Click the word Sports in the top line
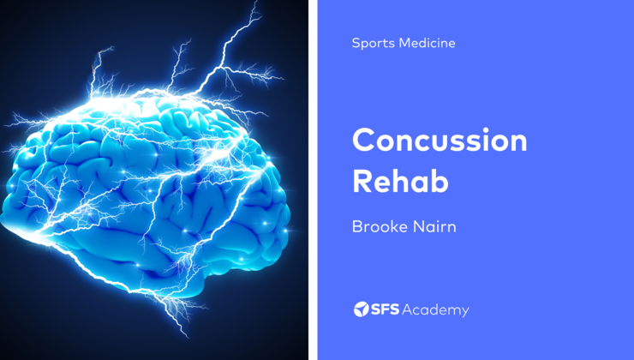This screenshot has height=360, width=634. click(x=370, y=43)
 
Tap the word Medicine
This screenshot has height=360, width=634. click(x=426, y=43)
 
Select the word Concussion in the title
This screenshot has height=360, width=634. click(x=440, y=140)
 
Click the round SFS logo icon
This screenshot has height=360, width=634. click(x=361, y=309)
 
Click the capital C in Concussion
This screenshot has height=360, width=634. click(x=363, y=140)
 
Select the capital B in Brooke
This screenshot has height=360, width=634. click(x=357, y=227)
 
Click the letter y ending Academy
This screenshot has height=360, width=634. click(x=465, y=312)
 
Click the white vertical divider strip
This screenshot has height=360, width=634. click(x=314, y=180)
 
